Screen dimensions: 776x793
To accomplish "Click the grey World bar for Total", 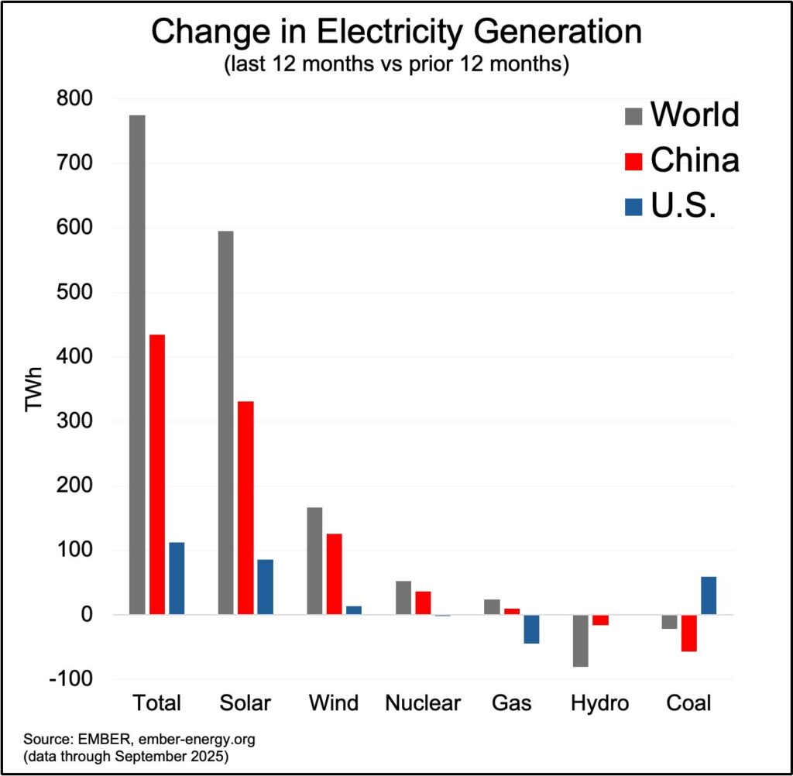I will tap(137, 364).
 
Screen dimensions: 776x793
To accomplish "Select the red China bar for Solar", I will tap(245, 507).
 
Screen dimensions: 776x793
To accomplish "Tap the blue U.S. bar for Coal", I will tap(708, 596).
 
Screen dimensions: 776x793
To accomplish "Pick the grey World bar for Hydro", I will tap(580, 640).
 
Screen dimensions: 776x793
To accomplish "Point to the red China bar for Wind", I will tap(334, 574).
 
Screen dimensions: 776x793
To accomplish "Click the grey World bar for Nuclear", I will tap(403, 597).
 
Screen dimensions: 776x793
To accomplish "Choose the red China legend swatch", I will tap(633, 161).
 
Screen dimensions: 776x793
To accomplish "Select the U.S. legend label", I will tap(681, 207).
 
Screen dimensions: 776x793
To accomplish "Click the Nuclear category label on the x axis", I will tap(423, 703).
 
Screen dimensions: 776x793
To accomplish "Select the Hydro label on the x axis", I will tap(599, 703).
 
